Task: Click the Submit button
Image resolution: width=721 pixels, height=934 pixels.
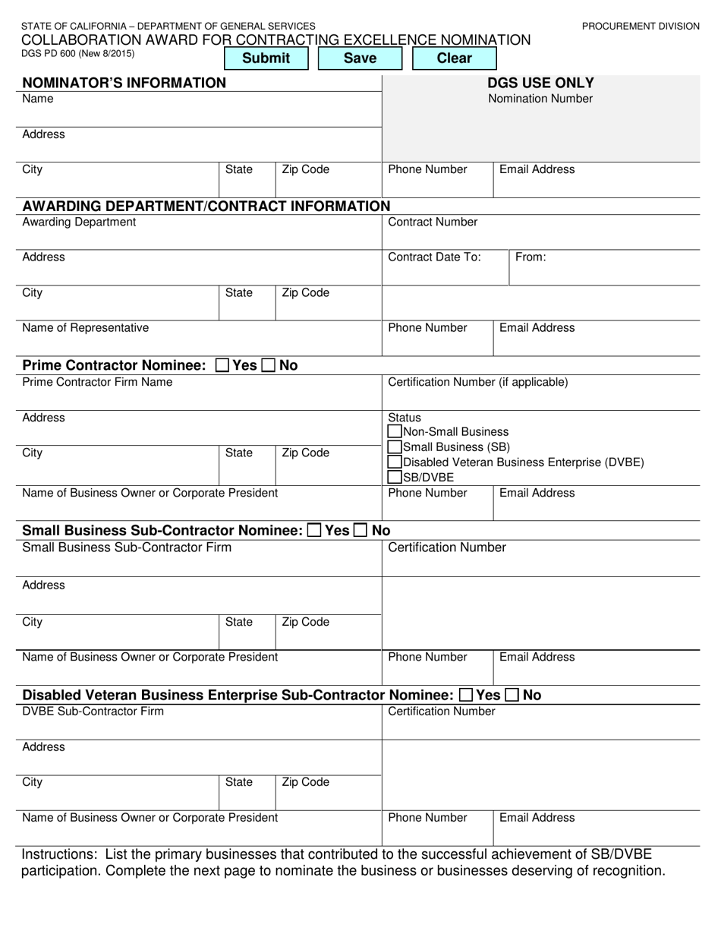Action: (266, 58)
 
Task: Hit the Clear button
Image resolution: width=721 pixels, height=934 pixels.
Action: (454, 58)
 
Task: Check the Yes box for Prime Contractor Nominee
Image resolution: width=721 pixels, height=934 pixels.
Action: (222, 365)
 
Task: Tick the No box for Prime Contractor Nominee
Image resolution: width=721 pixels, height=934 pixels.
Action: (269, 365)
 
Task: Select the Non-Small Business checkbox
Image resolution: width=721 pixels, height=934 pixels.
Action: (395, 432)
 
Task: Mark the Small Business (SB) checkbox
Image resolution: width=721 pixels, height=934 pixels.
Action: (395, 447)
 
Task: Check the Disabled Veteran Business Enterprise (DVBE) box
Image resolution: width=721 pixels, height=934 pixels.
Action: (395, 462)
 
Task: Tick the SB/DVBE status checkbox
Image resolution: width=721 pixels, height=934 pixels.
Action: (395, 478)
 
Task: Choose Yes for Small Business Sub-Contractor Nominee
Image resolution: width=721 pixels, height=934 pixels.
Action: (314, 531)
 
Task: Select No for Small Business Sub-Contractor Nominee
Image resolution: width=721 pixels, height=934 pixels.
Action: (361, 531)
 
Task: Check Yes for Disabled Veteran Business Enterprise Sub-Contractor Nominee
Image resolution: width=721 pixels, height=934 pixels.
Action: (467, 695)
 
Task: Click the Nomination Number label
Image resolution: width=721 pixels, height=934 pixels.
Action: (540, 99)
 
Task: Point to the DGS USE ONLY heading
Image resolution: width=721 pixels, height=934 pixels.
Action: (540, 83)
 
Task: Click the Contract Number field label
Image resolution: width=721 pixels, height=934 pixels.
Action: (433, 222)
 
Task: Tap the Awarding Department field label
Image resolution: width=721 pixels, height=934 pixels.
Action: (79, 222)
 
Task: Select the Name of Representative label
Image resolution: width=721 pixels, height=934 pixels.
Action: (85, 328)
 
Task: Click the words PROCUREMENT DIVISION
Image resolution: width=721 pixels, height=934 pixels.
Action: (641, 27)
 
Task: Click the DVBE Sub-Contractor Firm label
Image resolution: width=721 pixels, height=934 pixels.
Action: (93, 712)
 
